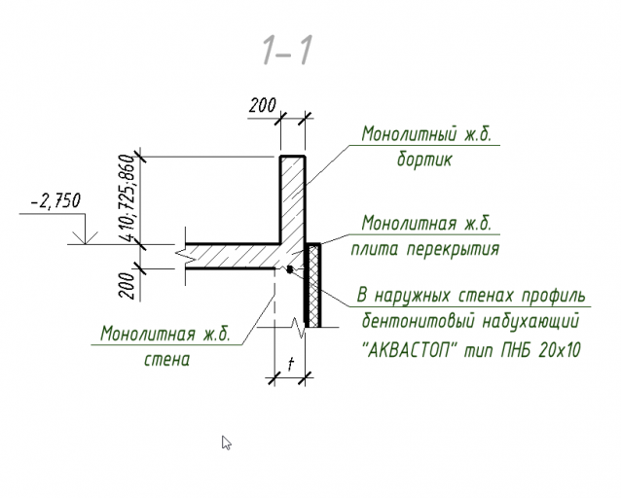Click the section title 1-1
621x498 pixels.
point(287,50)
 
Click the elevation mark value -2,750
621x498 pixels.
point(55,201)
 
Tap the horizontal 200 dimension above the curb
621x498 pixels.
point(262,105)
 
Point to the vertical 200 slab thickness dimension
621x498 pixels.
point(128,285)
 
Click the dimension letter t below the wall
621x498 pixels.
point(291,364)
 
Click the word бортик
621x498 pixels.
point(424,160)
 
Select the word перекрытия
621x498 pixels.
point(453,249)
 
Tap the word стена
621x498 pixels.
point(166,360)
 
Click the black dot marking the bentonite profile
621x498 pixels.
point(290,269)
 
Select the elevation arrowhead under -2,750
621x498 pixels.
point(85,238)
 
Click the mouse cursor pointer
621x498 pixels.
point(226,443)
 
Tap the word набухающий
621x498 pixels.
point(530,320)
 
